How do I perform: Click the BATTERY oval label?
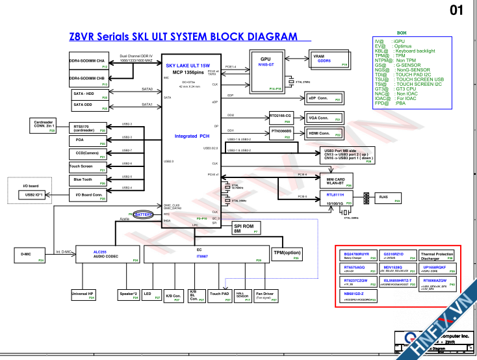point(143,214)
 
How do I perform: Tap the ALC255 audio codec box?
point(108,255)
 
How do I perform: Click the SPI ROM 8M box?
point(247,228)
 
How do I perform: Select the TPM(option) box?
point(287,254)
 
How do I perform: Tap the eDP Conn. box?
point(324,98)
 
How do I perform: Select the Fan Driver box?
point(265,296)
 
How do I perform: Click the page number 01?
point(457,10)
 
